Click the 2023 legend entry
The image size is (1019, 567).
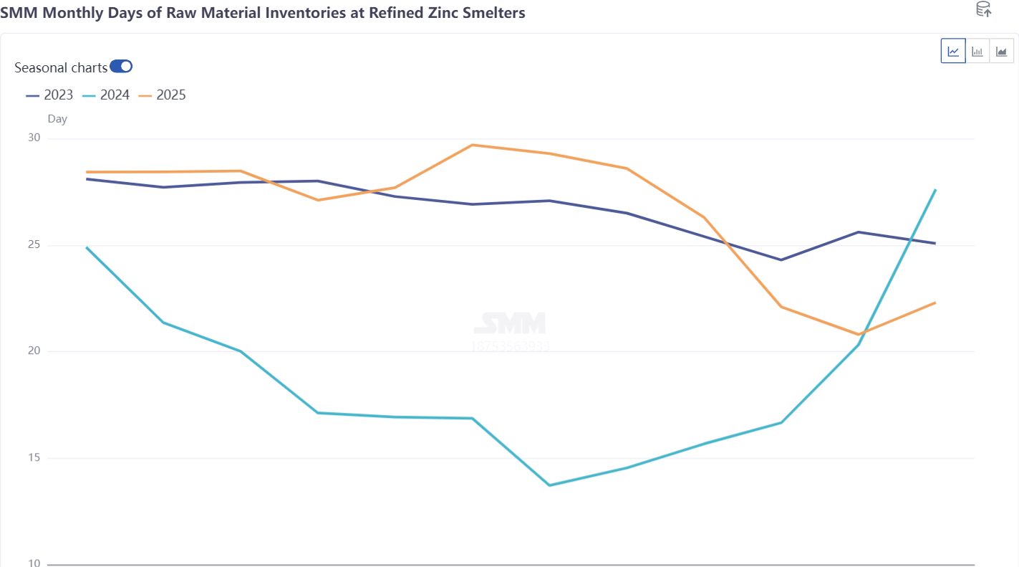[49, 95]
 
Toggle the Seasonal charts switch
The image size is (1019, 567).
[121, 67]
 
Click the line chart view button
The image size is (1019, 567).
[953, 51]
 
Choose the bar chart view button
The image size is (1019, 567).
[977, 51]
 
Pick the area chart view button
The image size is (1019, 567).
[1001, 51]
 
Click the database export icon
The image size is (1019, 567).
[984, 9]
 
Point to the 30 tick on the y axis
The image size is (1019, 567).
[34, 138]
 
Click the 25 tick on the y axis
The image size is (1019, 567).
[34, 245]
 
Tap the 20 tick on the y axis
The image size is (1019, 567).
[34, 351]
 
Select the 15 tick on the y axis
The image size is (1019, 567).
[34, 458]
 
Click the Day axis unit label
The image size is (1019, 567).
[57, 119]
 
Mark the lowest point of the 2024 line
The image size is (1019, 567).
[549, 485]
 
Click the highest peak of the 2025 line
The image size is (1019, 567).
[473, 145]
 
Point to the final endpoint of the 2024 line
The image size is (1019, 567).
[935, 189]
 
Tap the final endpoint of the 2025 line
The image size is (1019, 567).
[935, 302]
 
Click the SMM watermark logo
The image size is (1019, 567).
[510, 323]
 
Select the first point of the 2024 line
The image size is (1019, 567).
[87, 247]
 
